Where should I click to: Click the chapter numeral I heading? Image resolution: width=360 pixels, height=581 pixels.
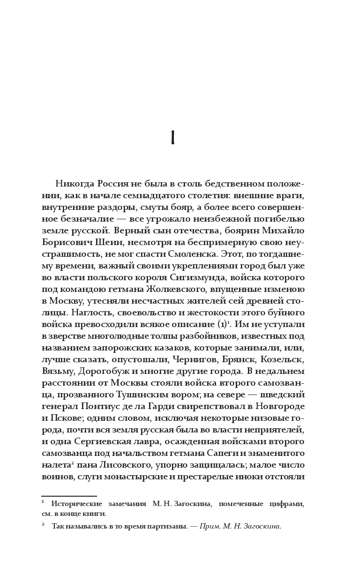click(x=173, y=139)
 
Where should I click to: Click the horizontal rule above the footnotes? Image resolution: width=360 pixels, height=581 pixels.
click(x=69, y=496)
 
